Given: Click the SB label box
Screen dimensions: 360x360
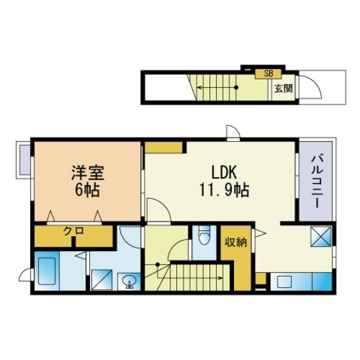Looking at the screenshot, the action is tap(268, 73).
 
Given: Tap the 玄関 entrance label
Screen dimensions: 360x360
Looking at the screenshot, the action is tap(283, 88).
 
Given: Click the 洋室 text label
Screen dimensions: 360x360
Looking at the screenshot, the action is tap(88, 172).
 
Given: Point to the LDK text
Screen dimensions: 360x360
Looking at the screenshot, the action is tap(224, 172).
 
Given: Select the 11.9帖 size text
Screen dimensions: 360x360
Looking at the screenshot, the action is tap(224, 190).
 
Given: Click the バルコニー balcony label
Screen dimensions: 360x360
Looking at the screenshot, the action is tap(316, 181).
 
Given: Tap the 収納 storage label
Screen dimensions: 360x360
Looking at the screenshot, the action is tap(235, 242).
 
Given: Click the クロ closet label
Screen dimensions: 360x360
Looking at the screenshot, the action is tap(73, 231).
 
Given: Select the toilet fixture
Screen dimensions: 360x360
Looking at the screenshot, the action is tap(204, 235).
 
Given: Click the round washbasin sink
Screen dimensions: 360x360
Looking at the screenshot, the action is tap(129, 281).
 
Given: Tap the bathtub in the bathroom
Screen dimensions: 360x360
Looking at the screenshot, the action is tap(46, 271).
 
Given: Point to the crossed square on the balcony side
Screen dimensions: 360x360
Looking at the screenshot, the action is tap(321, 236).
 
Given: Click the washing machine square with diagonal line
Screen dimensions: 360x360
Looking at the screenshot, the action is tap(101, 280).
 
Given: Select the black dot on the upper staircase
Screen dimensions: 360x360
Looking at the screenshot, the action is tap(236, 88).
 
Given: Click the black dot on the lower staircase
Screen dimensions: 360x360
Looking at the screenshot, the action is tap(157, 264).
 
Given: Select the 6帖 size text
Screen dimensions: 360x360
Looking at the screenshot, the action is tap(88, 190).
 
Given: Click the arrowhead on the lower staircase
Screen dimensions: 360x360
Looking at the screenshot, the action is tap(220, 277).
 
